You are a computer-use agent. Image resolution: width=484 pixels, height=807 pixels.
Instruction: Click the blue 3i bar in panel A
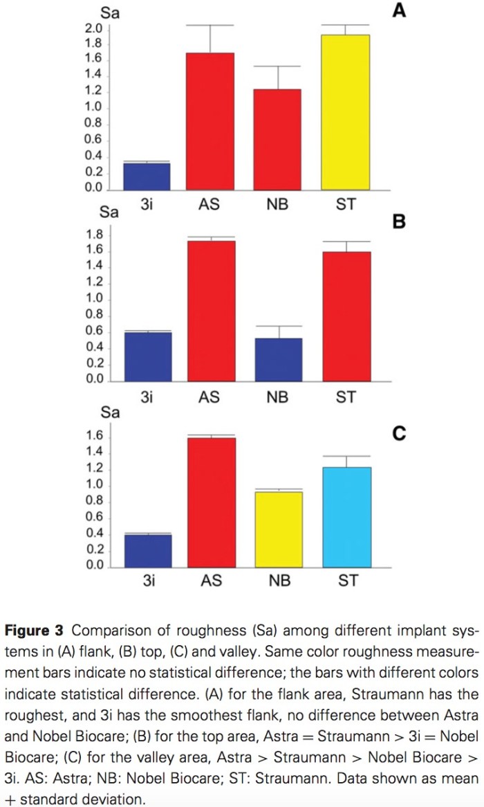pyautogui.click(x=147, y=176)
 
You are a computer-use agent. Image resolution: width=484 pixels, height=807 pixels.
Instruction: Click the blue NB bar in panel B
pyautogui.click(x=279, y=359)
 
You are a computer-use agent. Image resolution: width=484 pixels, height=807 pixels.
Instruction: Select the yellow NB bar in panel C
pyautogui.click(x=279, y=529)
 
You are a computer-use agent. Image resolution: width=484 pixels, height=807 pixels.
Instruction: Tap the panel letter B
pyautogui.click(x=398, y=223)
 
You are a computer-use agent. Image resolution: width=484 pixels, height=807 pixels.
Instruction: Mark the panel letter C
pyautogui.click(x=398, y=433)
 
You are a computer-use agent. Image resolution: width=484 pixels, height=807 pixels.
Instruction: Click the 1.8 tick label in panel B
pyautogui.click(x=95, y=233)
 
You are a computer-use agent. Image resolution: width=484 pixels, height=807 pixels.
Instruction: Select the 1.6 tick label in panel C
pyautogui.click(x=95, y=436)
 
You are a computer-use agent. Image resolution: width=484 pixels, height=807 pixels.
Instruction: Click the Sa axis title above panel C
pyautogui.click(x=111, y=413)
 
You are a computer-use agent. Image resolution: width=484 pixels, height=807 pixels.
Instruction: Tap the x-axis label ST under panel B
pyautogui.click(x=346, y=397)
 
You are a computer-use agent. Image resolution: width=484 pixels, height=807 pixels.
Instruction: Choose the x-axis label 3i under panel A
pyautogui.click(x=147, y=205)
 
